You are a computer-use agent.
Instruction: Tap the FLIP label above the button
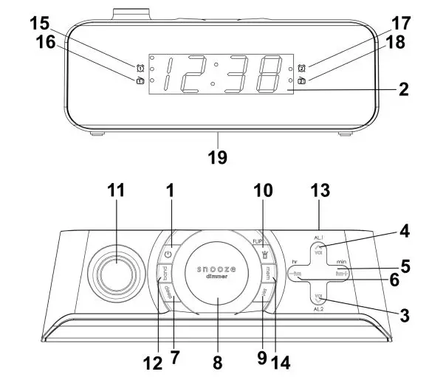pos(258,241)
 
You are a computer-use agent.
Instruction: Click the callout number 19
pos(218,157)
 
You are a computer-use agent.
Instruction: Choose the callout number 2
pos(403,90)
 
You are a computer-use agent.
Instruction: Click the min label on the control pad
pos(342,262)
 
